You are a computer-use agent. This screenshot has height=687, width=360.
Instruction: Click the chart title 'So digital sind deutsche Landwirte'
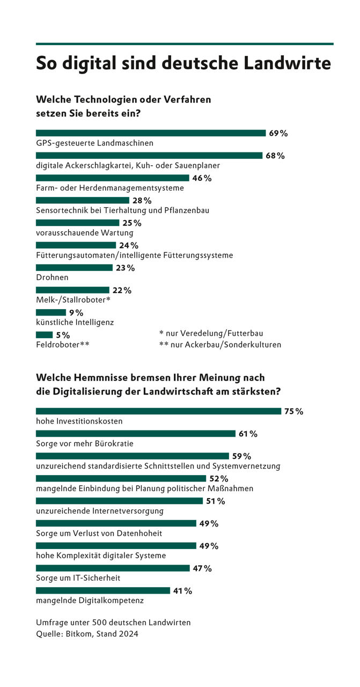pos(183,63)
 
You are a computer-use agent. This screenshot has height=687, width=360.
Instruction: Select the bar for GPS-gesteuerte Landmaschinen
pos(151,133)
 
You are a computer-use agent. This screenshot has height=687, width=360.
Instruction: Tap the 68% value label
pos(275,156)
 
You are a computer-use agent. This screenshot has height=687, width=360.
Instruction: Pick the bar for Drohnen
pos(74,267)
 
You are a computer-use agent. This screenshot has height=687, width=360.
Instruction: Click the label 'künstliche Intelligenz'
pos(75,323)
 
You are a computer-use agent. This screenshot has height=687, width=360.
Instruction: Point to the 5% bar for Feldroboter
pos(44,335)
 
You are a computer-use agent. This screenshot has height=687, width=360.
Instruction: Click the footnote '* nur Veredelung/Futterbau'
pos(211,333)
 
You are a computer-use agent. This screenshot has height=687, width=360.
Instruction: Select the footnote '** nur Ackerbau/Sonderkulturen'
pos(220,345)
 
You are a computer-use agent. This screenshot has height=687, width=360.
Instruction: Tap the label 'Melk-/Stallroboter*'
pos(73,300)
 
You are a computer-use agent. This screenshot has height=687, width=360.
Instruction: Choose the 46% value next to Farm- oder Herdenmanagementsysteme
pos(202,178)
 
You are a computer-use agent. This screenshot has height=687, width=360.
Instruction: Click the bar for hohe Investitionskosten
pos(158,411)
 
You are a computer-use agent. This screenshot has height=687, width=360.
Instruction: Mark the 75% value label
pos(293,412)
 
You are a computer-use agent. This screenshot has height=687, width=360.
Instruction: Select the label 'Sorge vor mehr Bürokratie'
pos(84,444)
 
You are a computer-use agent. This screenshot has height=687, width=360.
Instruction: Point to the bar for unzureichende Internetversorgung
pos(119,501)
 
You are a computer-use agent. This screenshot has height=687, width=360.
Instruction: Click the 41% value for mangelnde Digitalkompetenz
pos(182,591)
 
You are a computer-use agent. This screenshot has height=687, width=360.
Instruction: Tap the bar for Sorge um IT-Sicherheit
pos(113,568)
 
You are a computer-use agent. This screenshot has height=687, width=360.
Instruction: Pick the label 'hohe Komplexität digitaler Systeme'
pos(101,556)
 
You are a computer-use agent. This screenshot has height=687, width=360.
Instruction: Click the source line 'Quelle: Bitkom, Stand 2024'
pos(87,634)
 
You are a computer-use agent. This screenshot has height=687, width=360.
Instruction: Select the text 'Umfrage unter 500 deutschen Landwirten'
pos(113,623)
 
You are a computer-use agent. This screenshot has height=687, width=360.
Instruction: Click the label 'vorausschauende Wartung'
pos(84,233)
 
